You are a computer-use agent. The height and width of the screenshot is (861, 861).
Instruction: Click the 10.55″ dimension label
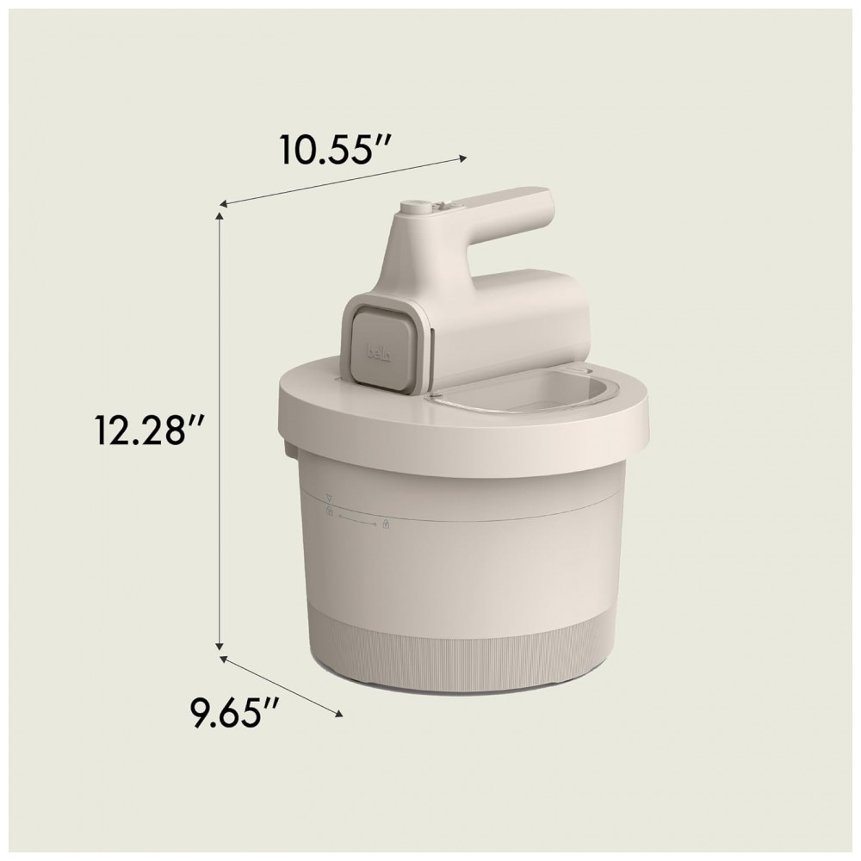[x=336, y=148]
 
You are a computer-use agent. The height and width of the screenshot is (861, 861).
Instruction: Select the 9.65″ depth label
[x=231, y=712]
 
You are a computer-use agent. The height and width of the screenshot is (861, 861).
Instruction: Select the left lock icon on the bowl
[x=330, y=511]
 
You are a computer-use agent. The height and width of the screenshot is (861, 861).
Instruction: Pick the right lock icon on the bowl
[x=386, y=524]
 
